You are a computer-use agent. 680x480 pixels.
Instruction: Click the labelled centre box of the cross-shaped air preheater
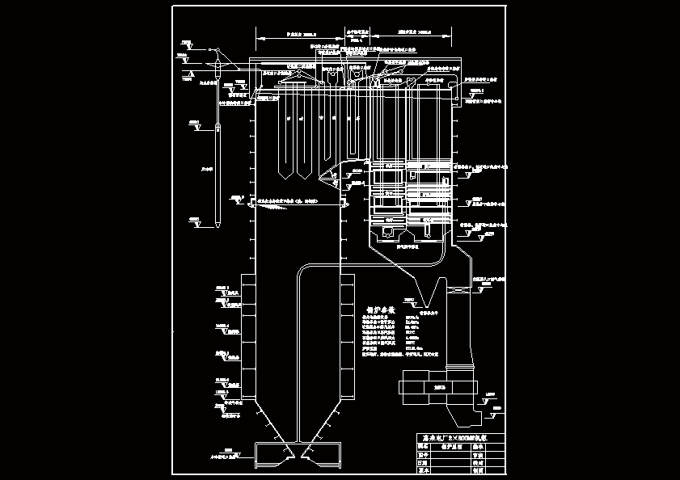point(440,387)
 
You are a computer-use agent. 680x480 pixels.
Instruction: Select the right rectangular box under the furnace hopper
point(319,453)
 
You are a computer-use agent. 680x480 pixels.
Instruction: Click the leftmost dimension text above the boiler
point(301,35)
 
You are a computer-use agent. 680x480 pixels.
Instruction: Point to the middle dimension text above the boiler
point(357,35)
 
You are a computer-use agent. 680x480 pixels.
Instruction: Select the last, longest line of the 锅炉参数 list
point(399,354)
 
